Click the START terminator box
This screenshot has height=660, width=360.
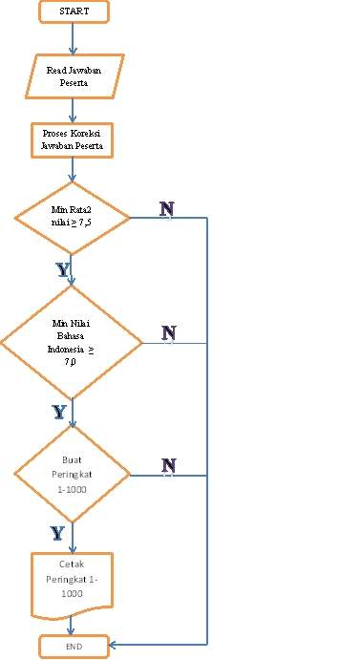74,11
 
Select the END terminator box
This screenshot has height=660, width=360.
74,647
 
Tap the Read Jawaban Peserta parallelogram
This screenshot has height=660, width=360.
74,75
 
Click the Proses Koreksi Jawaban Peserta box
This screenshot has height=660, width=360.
74,140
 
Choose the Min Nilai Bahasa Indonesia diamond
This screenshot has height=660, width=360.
71,342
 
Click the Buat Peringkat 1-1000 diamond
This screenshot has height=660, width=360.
72,475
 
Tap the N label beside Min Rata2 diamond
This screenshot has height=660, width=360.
167,208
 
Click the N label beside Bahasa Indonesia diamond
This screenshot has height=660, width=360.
169,332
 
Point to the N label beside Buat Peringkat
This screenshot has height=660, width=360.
169,465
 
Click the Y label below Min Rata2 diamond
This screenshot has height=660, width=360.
63,270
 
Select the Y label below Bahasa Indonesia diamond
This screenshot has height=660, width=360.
59,412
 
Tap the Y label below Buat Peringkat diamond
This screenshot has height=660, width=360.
58,532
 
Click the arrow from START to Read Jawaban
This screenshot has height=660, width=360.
74,38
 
